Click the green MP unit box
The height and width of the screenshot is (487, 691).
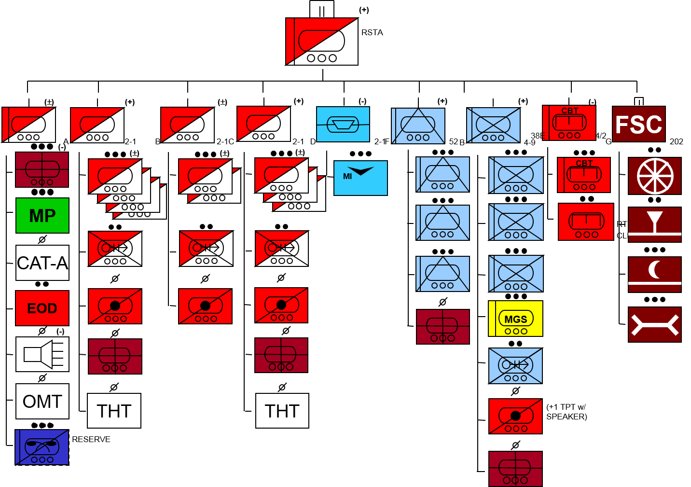point(42,215)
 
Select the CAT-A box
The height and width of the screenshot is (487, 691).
point(42,263)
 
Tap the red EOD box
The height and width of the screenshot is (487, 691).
point(42,308)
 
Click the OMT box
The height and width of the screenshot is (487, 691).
point(42,401)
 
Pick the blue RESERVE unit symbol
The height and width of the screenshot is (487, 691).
point(42,447)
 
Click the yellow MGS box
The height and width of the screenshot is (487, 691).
point(515,319)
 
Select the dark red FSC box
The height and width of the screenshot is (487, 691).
point(639,124)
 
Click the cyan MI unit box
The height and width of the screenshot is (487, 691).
point(360,178)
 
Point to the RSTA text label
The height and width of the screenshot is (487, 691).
point(372,32)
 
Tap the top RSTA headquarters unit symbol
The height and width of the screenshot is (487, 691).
point(322,42)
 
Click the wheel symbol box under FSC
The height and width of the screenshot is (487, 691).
point(655,176)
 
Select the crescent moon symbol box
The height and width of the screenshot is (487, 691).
point(655,274)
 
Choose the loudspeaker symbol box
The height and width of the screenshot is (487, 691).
point(42,354)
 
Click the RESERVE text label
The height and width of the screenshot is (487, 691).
point(91,439)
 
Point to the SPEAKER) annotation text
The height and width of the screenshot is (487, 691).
point(567,417)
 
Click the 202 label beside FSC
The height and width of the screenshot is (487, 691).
point(677,141)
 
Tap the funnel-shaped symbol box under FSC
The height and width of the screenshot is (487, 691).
point(655,224)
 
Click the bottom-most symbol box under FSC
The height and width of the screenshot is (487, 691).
point(655,324)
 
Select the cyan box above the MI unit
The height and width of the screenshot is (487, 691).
point(343,124)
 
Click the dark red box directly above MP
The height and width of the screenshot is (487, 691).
point(42,169)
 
